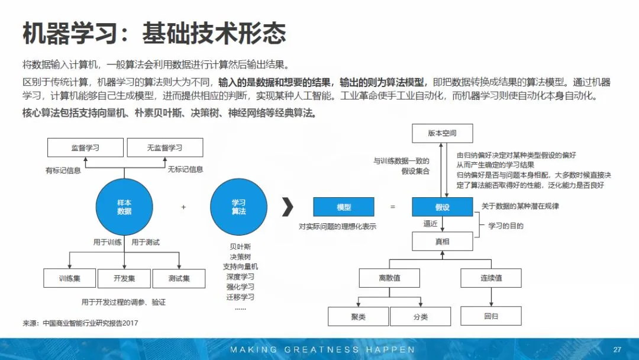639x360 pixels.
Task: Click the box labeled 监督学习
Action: [85, 147]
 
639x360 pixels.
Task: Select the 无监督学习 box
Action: [164, 147]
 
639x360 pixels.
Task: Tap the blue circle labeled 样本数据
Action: [124, 207]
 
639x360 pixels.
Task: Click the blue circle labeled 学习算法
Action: [238, 207]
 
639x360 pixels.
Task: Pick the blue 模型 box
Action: [344, 207]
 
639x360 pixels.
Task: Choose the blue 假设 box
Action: [443, 207]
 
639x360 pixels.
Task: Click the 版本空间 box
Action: [443, 133]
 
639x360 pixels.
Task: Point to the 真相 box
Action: [443, 241]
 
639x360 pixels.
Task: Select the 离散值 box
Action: [389, 278]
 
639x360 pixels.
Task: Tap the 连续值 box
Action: [491, 278]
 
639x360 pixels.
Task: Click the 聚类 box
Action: [359, 317]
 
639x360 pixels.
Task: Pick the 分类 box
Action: [421, 317]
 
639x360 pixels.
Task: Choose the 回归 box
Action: [491, 316]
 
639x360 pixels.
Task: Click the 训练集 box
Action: [70, 278]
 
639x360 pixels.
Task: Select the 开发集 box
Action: [124, 278]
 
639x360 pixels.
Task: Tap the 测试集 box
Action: [179, 278]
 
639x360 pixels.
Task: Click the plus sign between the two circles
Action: [183, 207]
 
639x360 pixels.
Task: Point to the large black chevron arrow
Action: [288, 207]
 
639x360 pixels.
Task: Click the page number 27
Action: [617, 349]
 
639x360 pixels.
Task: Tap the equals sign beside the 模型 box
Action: [392, 207]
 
